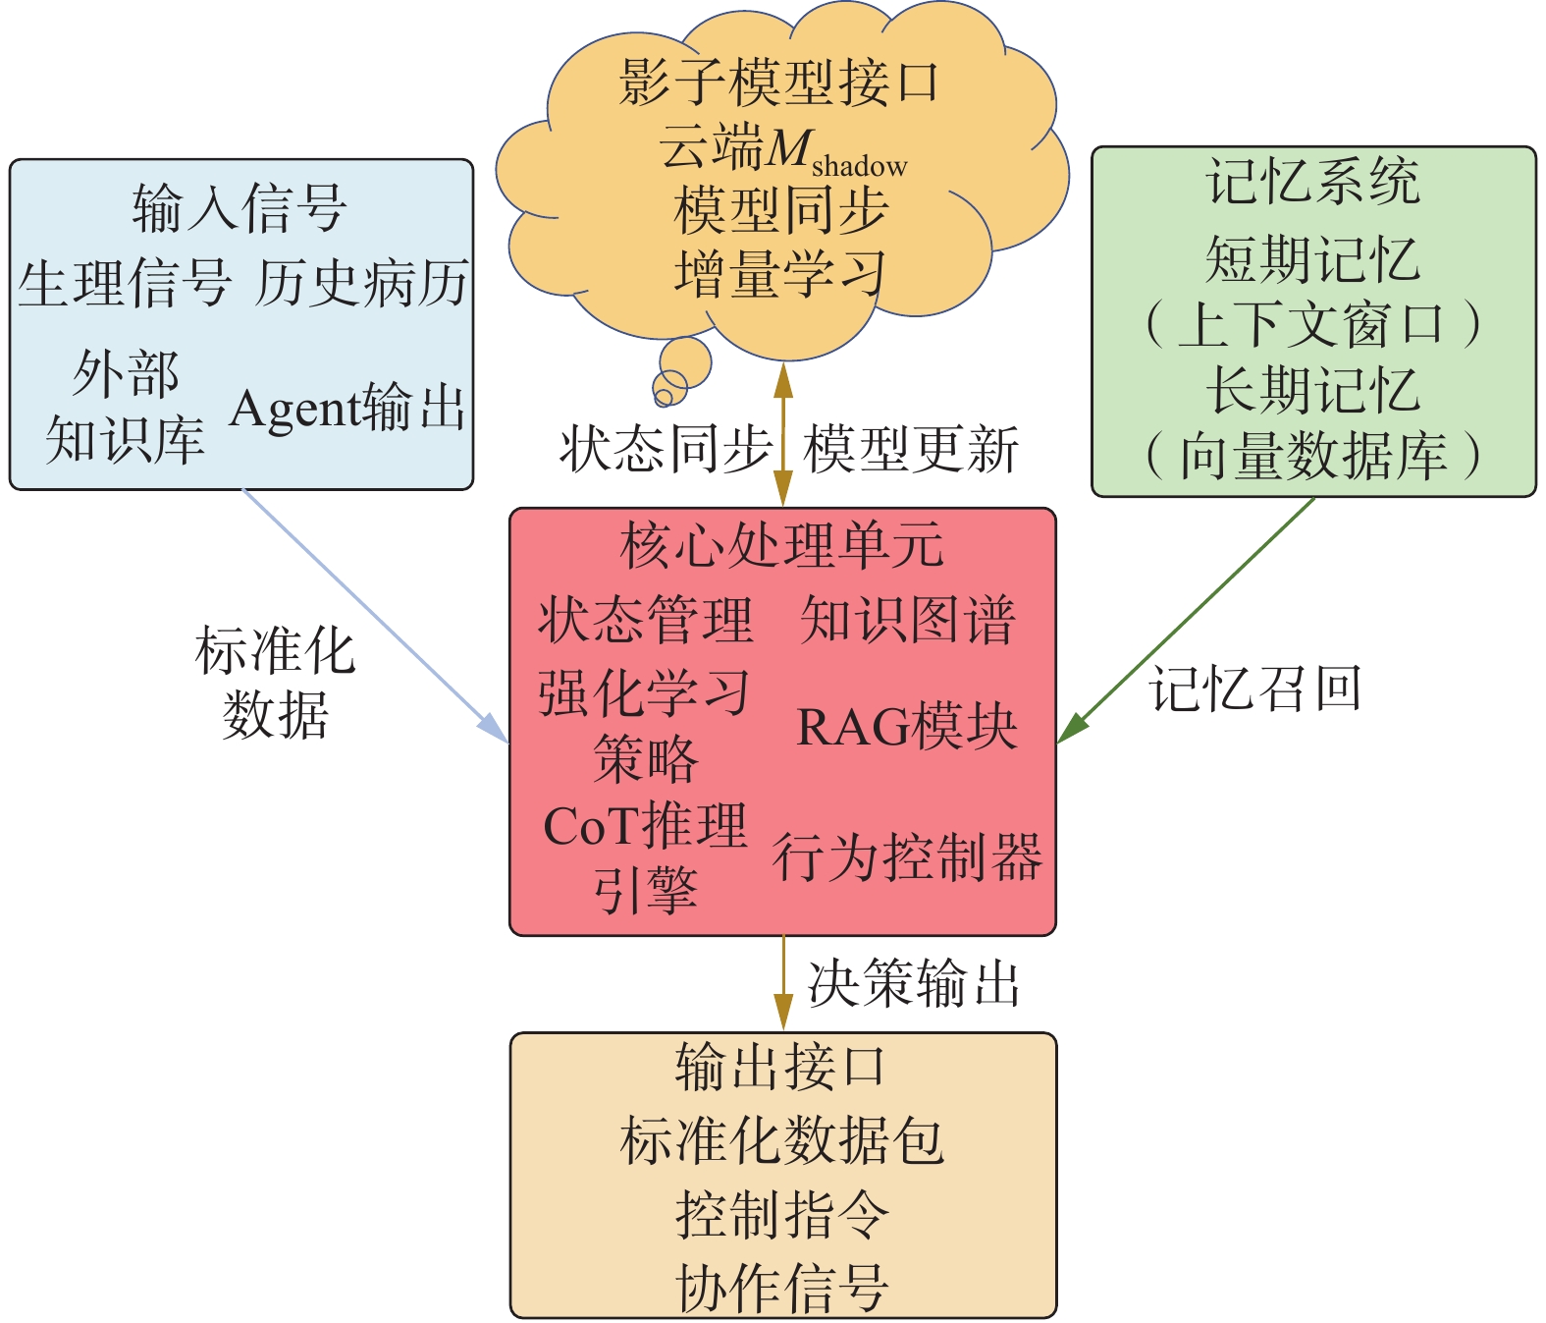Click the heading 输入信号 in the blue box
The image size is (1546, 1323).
(240, 208)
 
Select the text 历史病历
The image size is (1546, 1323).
(361, 285)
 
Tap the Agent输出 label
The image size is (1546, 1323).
(347, 408)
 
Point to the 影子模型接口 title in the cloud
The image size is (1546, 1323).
(779, 83)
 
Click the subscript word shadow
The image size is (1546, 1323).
(859, 166)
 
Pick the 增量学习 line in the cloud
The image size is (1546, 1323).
(779, 274)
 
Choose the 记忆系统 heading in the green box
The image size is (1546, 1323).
(1313, 183)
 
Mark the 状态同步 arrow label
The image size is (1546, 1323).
(666, 449)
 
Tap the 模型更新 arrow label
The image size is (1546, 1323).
(911, 449)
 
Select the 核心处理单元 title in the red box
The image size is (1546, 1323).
(781, 546)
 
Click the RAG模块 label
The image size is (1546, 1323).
(906, 728)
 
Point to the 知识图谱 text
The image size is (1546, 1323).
(906, 621)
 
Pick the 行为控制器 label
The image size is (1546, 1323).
(906, 856)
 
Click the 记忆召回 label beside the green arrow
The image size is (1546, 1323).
(1255, 689)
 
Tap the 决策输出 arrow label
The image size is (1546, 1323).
(913, 983)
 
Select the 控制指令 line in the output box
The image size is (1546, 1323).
(781, 1214)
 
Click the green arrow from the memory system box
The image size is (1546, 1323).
(1188, 620)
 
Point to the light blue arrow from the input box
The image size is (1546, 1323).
(373, 615)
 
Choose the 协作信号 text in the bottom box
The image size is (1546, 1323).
(781, 1288)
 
